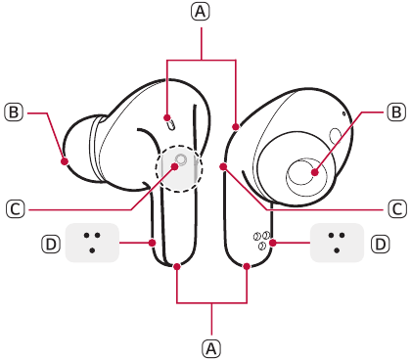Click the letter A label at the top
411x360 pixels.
click(x=201, y=12)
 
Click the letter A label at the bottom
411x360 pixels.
click(x=211, y=348)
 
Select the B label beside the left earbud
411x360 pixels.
click(x=14, y=112)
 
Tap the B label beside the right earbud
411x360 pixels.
click(x=396, y=112)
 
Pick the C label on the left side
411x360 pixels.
click(x=16, y=208)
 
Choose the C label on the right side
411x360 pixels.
click(x=397, y=208)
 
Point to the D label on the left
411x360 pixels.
click(x=51, y=244)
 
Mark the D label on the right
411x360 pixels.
click(x=381, y=244)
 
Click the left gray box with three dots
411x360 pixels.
click(x=92, y=243)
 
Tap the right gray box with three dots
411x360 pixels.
click(x=337, y=243)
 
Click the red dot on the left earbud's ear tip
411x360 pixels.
click(x=65, y=161)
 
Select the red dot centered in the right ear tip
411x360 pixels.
click(x=314, y=172)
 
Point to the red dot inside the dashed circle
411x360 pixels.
click(x=174, y=167)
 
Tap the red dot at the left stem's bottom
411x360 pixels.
click(x=177, y=267)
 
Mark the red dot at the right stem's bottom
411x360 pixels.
click(x=247, y=267)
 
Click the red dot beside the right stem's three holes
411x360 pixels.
click(x=273, y=243)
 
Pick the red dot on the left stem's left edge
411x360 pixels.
click(x=152, y=243)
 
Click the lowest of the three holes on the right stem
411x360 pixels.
click(x=261, y=246)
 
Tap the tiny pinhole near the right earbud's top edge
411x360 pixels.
click(x=343, y=113)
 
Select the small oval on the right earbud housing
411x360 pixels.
click(x=335, y=135)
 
